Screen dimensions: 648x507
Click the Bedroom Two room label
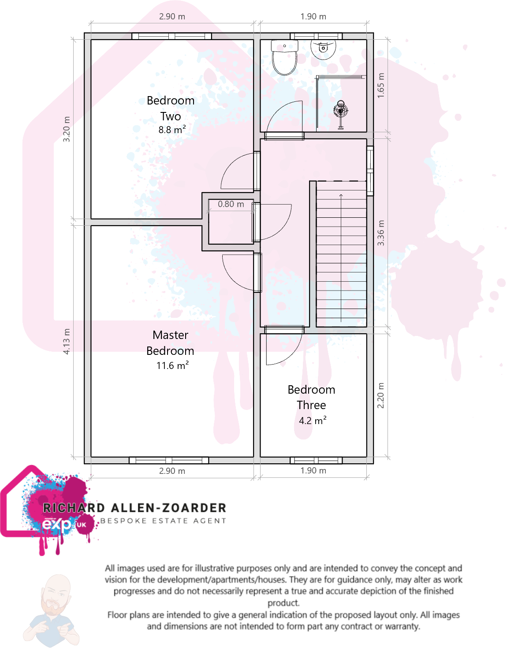(x=171, y=108)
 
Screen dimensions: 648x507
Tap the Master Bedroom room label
(x=170, y=343)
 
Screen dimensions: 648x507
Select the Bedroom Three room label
(x=311, y=397)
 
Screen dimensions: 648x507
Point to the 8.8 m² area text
(x=172, y=130)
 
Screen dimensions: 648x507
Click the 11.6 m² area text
(x=172, y=365)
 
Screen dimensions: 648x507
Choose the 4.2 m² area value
(x=313, y=421)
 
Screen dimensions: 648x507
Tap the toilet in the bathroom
(x=284, y=58)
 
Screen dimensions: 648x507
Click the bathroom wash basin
(x=323, y=48)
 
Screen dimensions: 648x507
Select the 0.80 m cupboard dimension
(x=231, y=204)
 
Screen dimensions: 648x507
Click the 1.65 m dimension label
(x=381, y=86)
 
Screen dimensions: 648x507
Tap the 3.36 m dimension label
(x=381, y=233)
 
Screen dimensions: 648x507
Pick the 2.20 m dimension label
(x=381, y=395)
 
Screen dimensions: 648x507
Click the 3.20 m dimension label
(x=67, y=129)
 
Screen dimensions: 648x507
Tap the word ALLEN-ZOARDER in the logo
(x=168, y=508)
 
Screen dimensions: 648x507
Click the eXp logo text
(x=57, y=525)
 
